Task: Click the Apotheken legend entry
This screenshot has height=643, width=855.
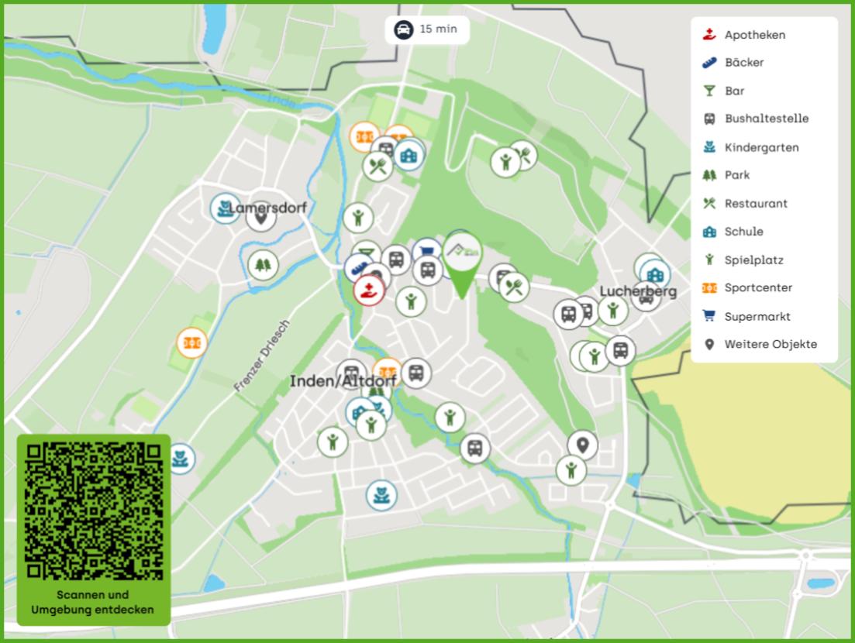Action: tap(753, 35)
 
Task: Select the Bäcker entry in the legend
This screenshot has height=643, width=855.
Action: tap(743, 63)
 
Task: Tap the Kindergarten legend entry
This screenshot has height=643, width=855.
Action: tap(760, 147)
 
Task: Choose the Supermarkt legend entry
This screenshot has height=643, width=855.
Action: tap(757, 316)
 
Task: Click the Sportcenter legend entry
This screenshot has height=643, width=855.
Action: tap(757, 287)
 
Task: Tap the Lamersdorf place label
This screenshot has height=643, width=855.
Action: tap(268, 208)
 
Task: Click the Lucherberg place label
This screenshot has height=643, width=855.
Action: tap(638, 291)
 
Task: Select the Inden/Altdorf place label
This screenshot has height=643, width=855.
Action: tap(343, 381)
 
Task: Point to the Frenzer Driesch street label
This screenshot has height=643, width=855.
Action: tap(261, 355)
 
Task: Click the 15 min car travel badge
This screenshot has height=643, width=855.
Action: tap(427, 29)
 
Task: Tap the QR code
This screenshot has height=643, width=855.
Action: tap(94, 511)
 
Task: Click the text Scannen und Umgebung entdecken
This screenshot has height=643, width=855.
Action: tap(93, 602)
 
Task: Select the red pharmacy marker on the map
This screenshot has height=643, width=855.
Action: tap(369, 291)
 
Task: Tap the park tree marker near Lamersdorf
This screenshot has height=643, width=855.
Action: tap(263, 266)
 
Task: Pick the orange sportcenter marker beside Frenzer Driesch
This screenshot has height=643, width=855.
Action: tap(191, 342)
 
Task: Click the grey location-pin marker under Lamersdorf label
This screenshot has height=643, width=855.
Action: tap(261, 218)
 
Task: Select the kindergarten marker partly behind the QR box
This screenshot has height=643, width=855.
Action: tap(181, 459)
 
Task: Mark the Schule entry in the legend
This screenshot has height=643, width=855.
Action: tap(743, 232)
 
